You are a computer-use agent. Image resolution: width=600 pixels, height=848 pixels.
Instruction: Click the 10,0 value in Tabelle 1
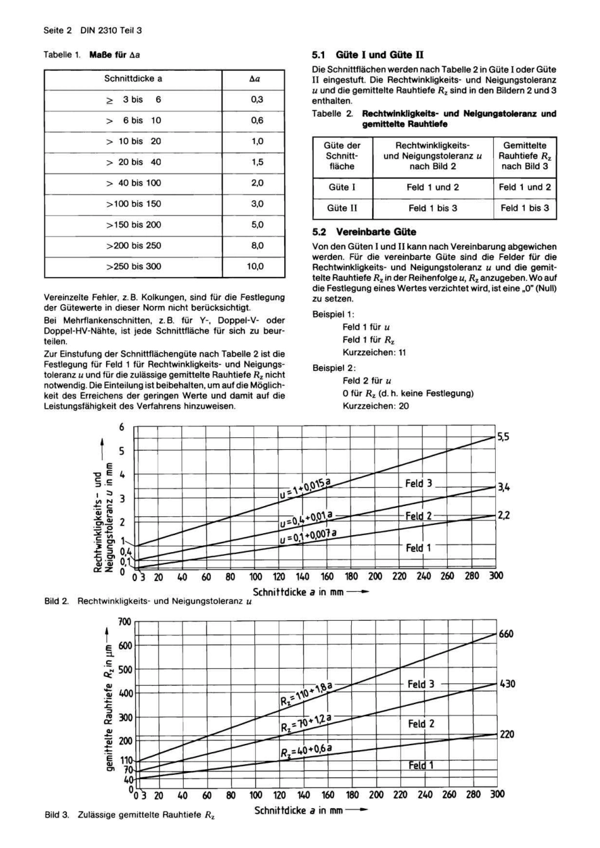tap(255, 266)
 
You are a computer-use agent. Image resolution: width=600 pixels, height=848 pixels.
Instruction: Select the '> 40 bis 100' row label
tap(133, 183)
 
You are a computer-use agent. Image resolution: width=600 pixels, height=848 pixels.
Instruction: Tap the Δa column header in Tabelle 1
tap(255, 79)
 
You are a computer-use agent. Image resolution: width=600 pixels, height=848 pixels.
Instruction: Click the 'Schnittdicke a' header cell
tap(133, 79)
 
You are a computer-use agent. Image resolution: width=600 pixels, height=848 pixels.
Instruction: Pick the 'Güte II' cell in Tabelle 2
tap(342, 208)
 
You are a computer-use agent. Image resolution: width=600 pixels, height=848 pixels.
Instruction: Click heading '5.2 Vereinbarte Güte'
tap(364, 232)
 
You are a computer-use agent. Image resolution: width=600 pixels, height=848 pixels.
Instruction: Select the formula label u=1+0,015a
tap(305, 490)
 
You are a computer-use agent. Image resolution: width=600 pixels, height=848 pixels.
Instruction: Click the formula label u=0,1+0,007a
tap(308, 537)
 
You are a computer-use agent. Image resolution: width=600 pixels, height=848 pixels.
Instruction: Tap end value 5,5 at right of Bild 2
tap(503, 437)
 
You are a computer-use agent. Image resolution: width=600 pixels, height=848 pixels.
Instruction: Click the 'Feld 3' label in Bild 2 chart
tap(418, 483)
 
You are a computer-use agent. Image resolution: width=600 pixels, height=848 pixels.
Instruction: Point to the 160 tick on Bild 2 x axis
tap(327, 576)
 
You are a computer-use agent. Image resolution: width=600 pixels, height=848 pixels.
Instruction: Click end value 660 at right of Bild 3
tap(506, 633)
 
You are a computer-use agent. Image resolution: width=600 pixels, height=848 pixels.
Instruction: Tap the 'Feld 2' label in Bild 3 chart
tap(421, 724)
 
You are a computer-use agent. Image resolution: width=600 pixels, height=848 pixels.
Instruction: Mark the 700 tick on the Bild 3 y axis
tap(124, 621)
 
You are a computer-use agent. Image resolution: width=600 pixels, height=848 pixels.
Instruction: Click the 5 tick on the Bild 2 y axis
tap(122, 451)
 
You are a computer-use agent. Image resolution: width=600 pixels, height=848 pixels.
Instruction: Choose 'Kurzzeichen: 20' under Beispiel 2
tap(375, 406)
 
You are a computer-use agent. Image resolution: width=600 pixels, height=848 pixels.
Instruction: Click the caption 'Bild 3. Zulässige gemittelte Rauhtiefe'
tap(129, 815)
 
